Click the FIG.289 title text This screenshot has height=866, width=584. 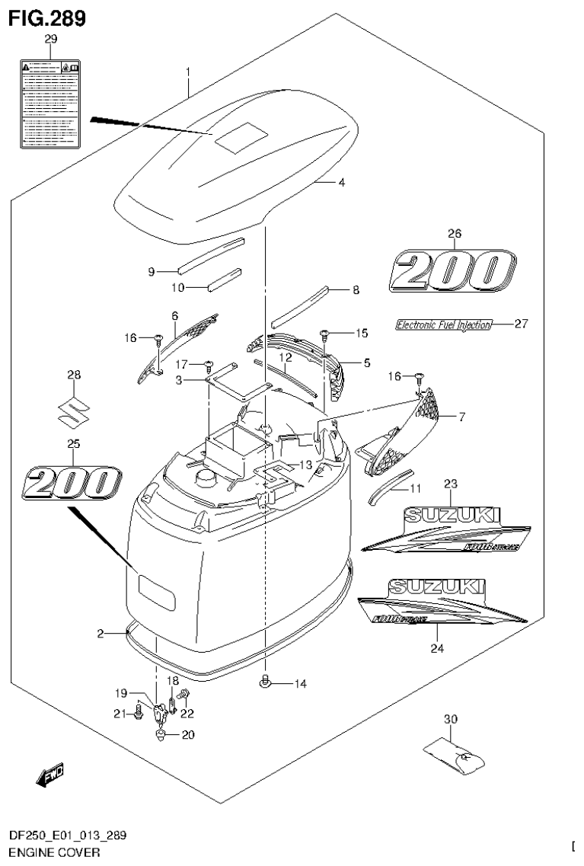47,18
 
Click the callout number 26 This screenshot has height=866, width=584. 455,234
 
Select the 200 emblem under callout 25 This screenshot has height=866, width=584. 72,484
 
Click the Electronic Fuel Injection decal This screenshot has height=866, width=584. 443,324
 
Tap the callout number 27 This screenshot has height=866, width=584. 521,324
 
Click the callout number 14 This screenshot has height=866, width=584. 300,684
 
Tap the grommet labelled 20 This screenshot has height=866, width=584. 161,735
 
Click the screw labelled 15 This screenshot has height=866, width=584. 324,334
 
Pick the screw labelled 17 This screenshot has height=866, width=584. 208,364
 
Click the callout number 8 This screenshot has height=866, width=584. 356,290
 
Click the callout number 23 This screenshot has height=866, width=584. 450,484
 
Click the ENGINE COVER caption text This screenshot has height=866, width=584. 50,853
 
